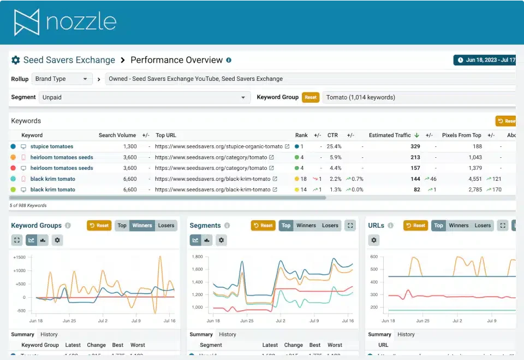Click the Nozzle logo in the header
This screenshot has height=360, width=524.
tap(65, 22)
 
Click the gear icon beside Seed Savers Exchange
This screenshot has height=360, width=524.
tap(16, 60)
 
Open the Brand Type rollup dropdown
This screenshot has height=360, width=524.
tap(62, 79)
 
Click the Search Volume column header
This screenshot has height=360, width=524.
tap(117, 135)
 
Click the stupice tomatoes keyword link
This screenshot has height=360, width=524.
tap(51, 146)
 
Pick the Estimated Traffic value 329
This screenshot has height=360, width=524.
tap(415, 146)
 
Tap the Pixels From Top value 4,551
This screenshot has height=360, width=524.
tap(473, 179)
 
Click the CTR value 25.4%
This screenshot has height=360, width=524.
tap(334, 146)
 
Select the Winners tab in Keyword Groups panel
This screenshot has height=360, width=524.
tap(142, 226)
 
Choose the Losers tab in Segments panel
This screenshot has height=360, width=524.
tap(330, 226)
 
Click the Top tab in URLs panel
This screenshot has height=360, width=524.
tap(438, 226)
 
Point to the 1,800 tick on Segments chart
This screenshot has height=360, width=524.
tap(197, 257)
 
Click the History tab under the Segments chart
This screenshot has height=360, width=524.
tap(228, 334)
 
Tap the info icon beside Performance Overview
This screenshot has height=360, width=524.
tap(229, 60)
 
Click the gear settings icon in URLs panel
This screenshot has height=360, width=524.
tap(373, 240)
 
